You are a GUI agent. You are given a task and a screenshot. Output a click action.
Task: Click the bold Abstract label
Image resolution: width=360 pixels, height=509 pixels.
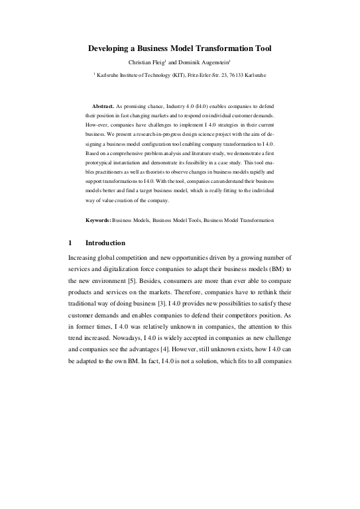click(102, 106)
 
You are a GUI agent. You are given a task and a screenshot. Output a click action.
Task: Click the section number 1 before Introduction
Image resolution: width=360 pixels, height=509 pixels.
click(71, 243)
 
